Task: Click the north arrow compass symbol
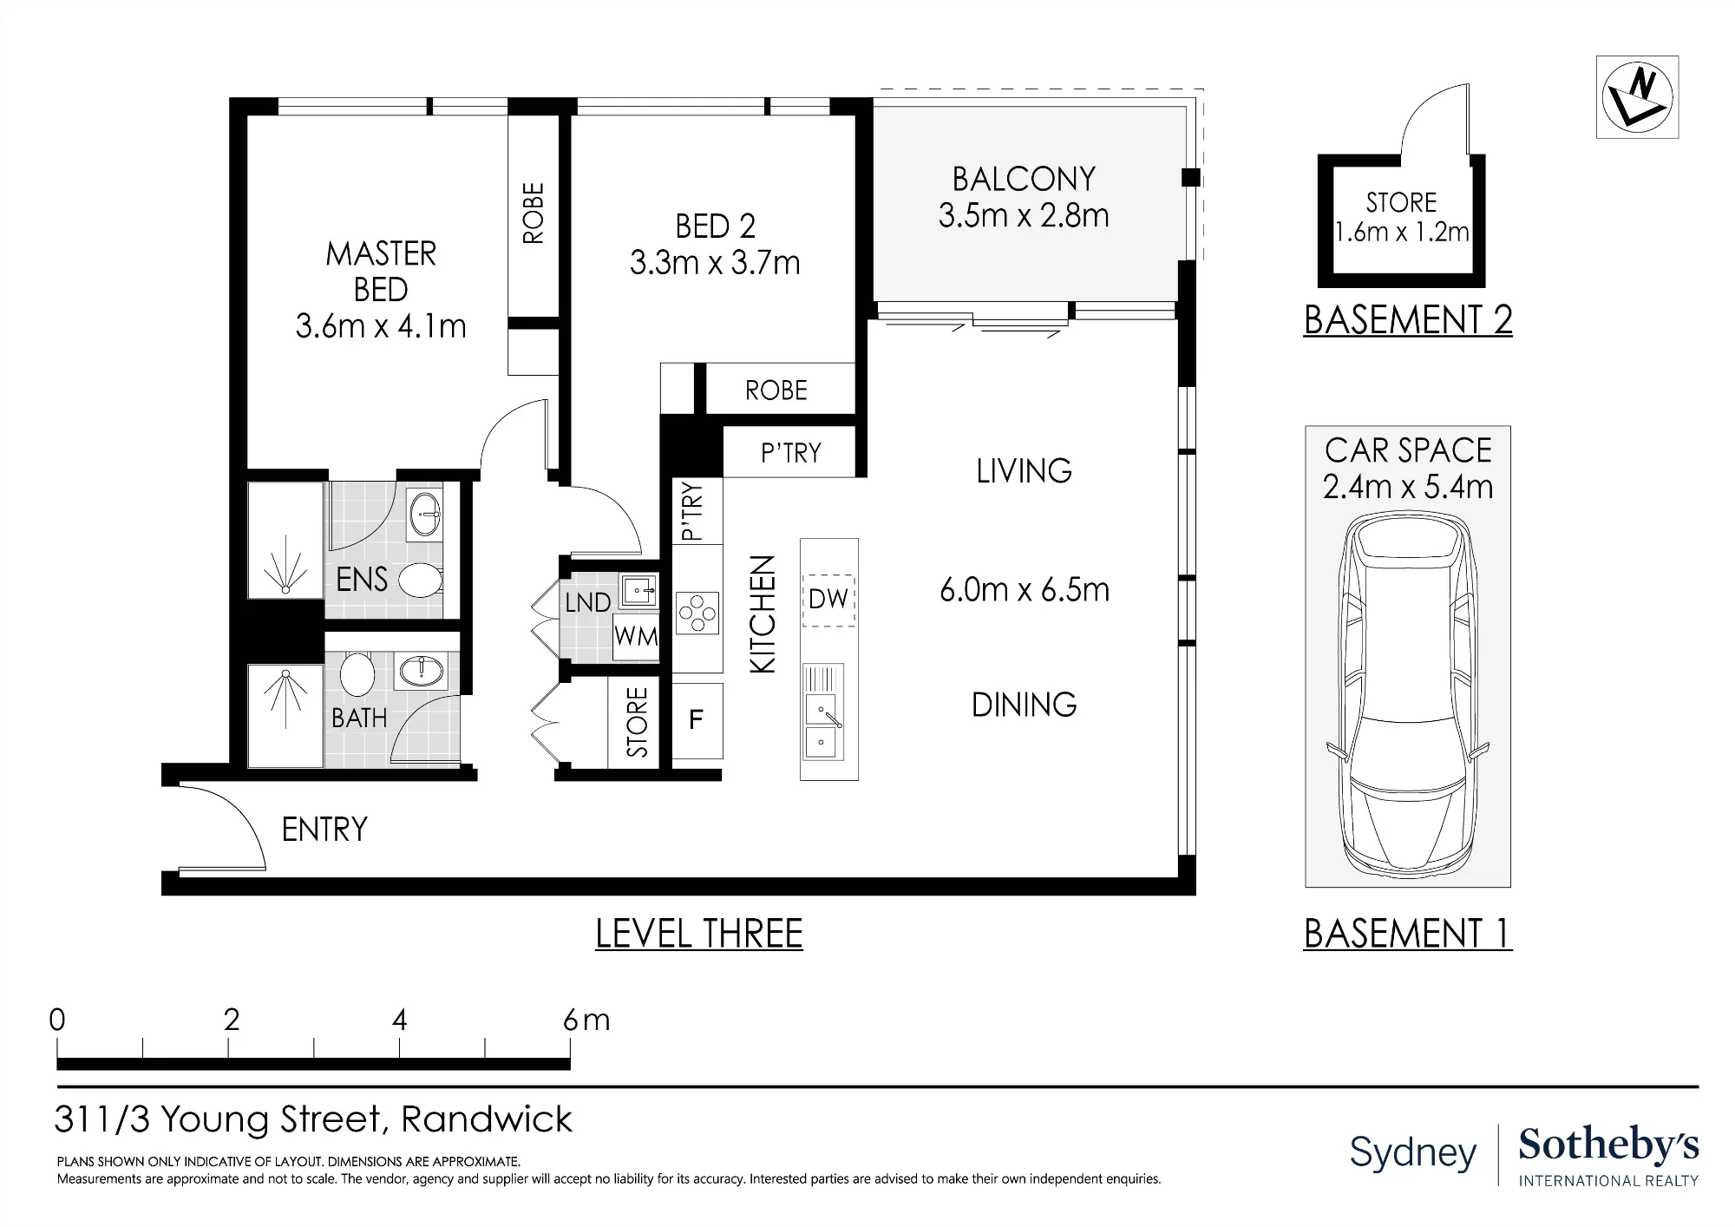[1637, 97]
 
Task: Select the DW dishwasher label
[828, 599]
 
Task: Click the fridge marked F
[697, 720]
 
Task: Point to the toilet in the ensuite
[421, 581]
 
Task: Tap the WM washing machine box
[636, 636]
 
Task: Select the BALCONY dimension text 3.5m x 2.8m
[1024, 216]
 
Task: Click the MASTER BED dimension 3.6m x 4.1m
[381, 326]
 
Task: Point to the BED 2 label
[716, 226]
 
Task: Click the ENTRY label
[324, 830]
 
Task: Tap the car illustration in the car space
[1408, 692]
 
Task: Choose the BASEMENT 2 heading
[1408, 320]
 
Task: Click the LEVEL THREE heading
[699, 934]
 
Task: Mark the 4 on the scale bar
[399, 1020]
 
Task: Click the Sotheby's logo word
[1608, 1145]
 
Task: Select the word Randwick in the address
[487, 1119]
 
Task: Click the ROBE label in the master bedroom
[534, 213]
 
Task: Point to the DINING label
[1025, 705]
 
